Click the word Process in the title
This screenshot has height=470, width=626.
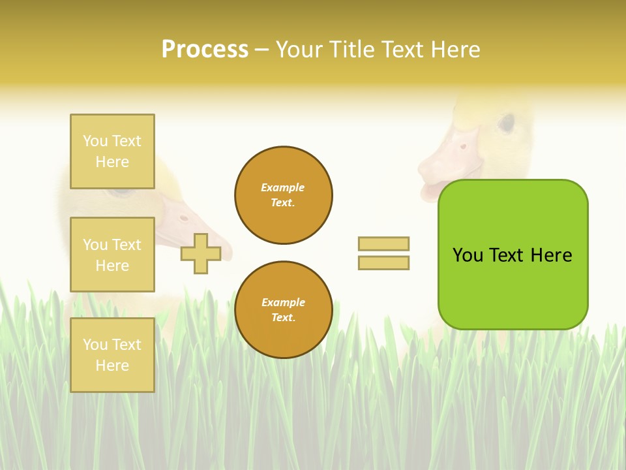click(x=205, y=50)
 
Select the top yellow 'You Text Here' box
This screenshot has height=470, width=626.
click(x=112, y=151)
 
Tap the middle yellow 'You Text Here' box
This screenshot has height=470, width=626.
click(x=112, y=255)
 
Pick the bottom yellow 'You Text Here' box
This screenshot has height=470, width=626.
click(x=112, y=354)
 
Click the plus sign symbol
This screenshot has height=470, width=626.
click(x=201, y=253)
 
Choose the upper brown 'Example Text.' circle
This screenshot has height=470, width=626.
click(x=284, y=195)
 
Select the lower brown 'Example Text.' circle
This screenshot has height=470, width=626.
click(x=284, y=309)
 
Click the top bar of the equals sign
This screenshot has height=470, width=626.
click(x=383, y=243)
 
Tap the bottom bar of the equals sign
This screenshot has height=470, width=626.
click(x=383, y=262)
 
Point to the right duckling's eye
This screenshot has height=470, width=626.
click(x=507, y=122)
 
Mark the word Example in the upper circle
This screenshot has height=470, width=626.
click(x=283, y=187)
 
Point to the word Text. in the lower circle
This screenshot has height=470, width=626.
click(x=283, y=317)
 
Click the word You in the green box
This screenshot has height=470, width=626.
click(x=468, y=255)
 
